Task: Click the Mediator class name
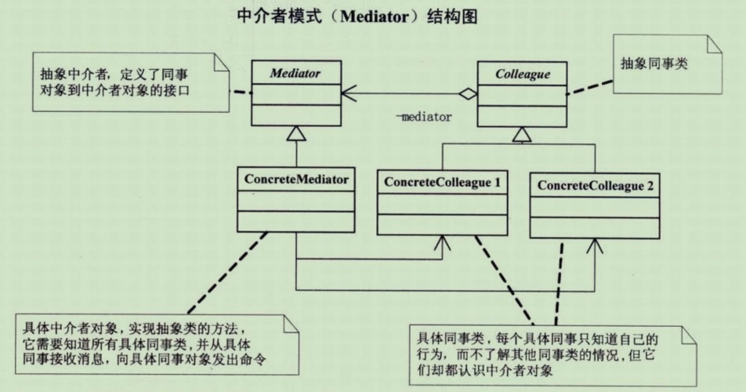tap(295, 74)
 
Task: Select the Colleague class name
tap(522, 74)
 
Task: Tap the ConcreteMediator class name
tap(296, 179)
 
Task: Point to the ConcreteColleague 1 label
tap(443, 183)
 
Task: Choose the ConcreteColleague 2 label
tap(595, 186)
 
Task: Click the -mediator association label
tap(424, 117)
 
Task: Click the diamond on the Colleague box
tap(468, 95)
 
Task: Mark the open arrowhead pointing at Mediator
tap(349, 95)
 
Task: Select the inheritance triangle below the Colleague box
tap(521, 136)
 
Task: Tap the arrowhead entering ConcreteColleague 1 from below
tap(443, 245)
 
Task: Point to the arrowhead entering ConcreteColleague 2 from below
tap(595, 248)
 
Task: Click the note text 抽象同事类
tap(654, 64)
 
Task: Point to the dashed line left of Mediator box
tap(241, 93)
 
